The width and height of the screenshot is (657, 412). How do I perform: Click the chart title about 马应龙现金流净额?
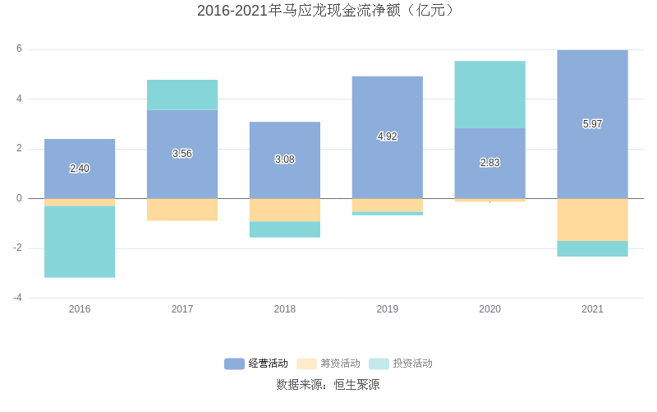(328, 11)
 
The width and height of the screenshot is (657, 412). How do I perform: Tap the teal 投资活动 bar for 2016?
(80, 242)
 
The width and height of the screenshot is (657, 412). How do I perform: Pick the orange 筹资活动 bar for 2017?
(182, 210)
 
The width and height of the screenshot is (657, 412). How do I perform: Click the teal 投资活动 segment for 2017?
(182, 95)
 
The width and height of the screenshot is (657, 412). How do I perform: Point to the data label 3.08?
(285, 160)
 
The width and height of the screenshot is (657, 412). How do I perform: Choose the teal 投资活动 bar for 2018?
(285, 229)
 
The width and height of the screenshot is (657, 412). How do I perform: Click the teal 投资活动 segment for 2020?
(489, 95)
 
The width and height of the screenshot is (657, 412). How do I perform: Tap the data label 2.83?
(489, 163)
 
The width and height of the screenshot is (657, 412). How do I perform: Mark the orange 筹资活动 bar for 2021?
(592, 220)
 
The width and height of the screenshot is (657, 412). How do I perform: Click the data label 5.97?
(592, 124)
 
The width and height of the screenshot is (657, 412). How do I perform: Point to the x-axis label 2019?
(388, 309)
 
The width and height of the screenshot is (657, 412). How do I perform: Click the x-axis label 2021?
(592, 309)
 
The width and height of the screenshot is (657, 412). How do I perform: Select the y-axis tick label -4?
(18, 298)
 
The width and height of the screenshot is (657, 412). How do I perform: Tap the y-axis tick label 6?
(20, 49)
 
